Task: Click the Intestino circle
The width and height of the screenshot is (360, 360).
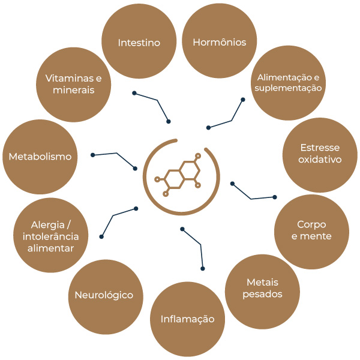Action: click(x=139, y=43)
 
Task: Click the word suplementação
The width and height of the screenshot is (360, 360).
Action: click(x=289, y=88)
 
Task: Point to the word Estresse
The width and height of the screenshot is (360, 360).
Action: click(x=320, y=148)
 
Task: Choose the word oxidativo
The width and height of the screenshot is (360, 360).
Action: click(x=320, y=160)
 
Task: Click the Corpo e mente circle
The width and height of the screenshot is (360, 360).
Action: click(x=311, y=230)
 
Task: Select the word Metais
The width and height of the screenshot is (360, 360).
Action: click(x=263, y=283)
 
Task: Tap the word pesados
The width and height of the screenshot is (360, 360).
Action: click(x=263, y=294)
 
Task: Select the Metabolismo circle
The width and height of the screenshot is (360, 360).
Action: click(x=40, y=157)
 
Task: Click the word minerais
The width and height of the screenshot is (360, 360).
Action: click(x=73, y=90)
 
